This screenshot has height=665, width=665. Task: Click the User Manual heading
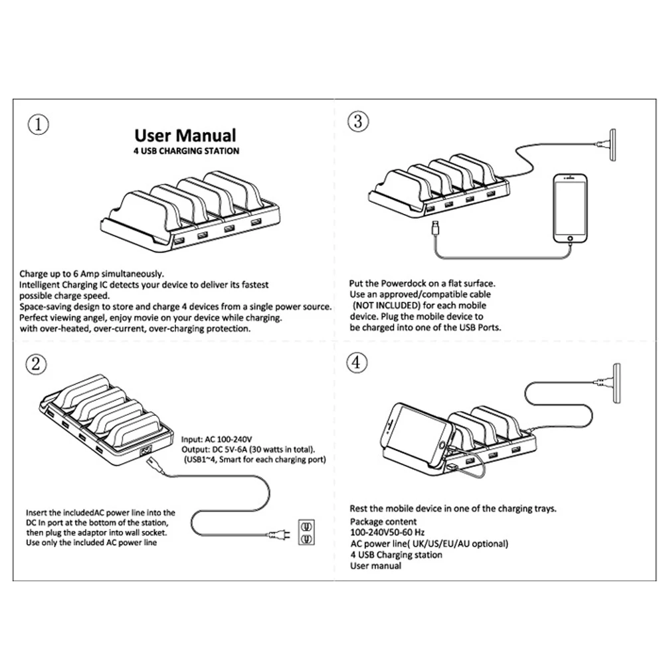185,136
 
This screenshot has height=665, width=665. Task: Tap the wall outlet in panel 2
306,531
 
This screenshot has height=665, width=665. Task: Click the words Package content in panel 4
383,522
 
